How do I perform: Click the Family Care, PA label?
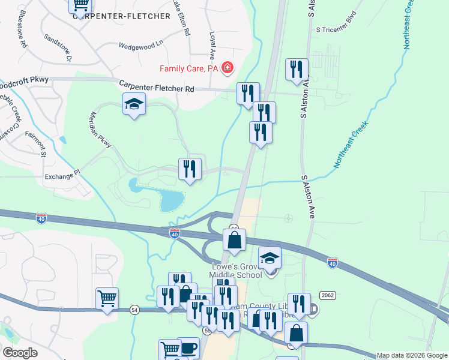point(188,69)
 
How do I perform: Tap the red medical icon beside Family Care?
point(227,68)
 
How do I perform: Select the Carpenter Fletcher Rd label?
point(157,87)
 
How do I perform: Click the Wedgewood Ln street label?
point(140,45)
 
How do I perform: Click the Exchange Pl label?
point(62,176)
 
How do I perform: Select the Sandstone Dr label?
point(58,47)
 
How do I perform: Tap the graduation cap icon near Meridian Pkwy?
point(134,104)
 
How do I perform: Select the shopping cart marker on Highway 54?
point(107,298)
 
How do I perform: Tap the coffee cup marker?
point(188,348)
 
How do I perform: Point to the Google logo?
point(20,353)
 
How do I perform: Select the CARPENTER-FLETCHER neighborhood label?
point(122,16)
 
